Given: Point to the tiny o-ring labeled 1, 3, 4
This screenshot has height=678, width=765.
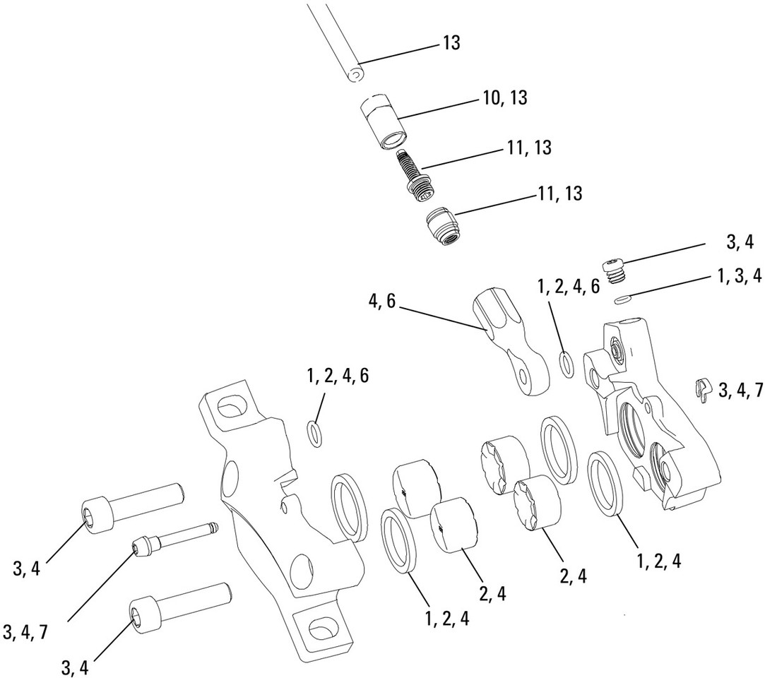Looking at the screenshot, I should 621,299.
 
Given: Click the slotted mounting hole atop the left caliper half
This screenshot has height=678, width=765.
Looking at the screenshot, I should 230,409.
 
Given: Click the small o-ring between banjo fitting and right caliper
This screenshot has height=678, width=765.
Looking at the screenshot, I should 566,364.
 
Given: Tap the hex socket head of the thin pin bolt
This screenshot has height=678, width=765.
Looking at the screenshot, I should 141,547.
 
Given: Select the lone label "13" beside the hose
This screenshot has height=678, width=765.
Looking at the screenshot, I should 451,43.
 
